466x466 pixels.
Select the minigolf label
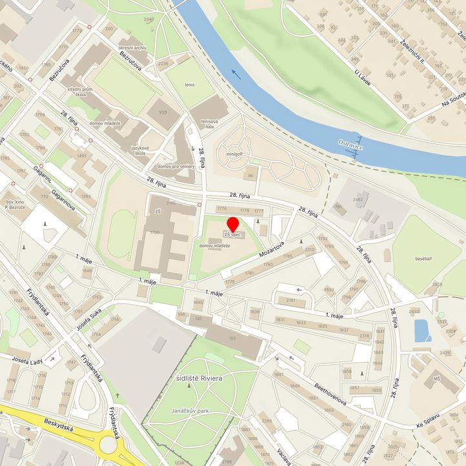click(235, 154)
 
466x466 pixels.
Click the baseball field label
click(424, 258)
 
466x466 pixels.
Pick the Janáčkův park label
click(188, 410)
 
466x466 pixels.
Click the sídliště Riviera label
click(199, 377)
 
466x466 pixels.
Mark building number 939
click(161, 112)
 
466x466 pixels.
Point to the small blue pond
click(421, 330)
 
